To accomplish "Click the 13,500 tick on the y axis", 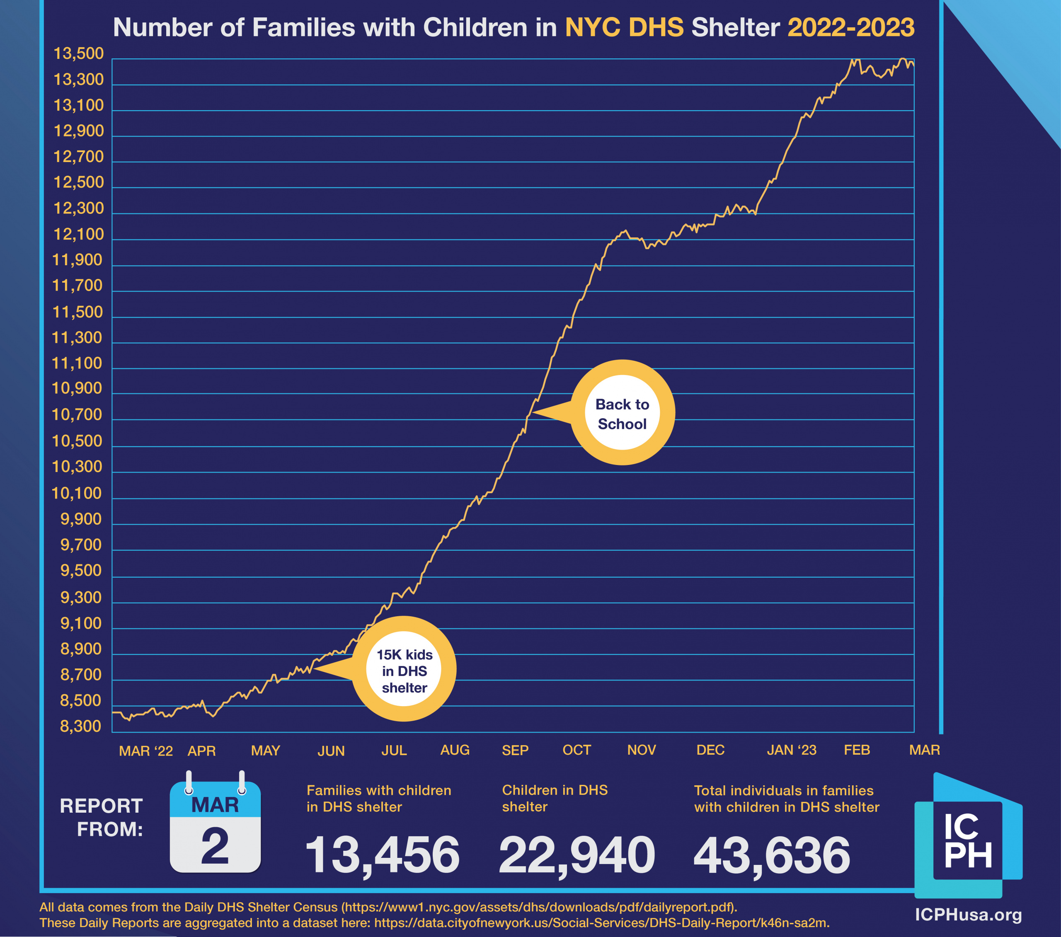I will click(79, 54).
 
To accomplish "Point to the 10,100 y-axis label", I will click(77, 493).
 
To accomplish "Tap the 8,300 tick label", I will click(81, 726).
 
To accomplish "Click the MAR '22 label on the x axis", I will click(146, 751).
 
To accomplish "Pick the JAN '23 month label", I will click(792, 750).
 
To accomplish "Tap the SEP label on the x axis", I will click(515, 750).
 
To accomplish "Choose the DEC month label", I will click(710, 750).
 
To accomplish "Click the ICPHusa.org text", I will click(968, 915).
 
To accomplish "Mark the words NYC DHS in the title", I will click(624, 27).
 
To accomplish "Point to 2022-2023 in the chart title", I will click(851, 27).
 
